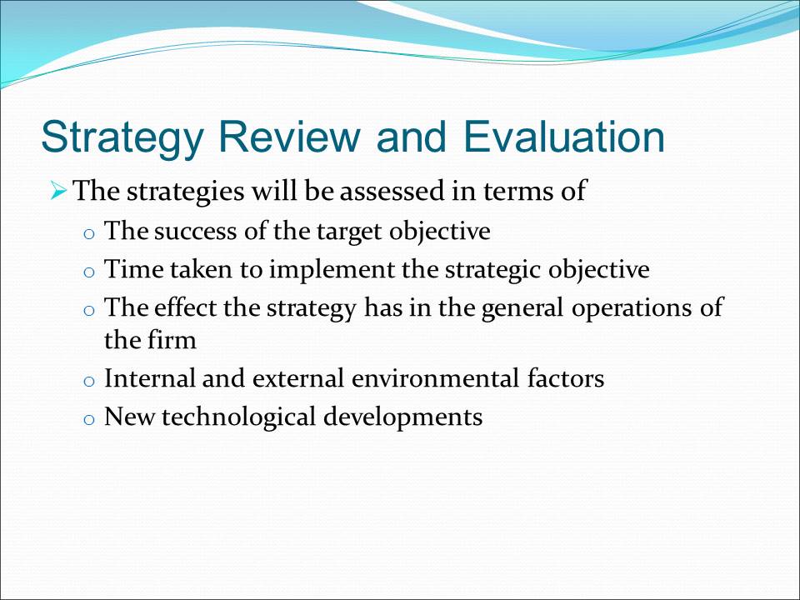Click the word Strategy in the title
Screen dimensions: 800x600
point(122,138)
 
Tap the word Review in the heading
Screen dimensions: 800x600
point(289,136)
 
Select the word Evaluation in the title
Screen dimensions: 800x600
point(565,136)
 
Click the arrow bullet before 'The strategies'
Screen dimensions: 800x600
point(58,192)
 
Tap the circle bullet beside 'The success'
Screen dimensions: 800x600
point(89,234)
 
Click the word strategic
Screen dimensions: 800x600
point(492,270)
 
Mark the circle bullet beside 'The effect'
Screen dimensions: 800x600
point(89,311)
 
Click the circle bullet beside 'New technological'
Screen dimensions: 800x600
point(89,420)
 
